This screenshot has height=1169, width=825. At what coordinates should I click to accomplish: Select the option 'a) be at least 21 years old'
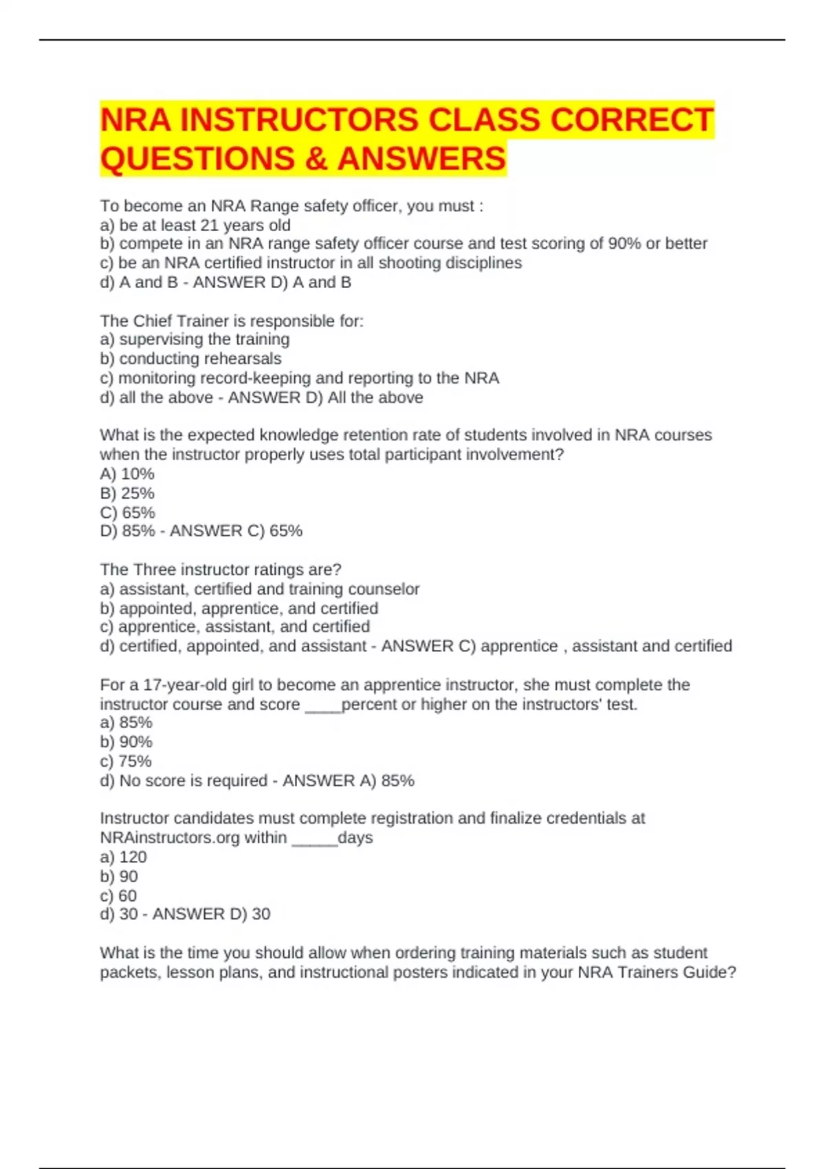point(195,225)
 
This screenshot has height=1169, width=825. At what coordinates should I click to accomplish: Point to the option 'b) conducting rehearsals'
point(190,358)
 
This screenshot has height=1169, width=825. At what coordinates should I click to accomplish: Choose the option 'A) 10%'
point(127,474)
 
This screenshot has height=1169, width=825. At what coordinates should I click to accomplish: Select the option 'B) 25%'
point(127,493)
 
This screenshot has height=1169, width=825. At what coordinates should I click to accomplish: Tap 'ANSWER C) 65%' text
point(236,531)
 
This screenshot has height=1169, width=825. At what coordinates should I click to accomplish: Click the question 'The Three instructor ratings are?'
point(221,569)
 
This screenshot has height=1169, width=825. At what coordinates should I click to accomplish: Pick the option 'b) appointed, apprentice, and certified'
point(239,608)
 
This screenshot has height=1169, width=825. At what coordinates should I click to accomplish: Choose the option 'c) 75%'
point(126,761)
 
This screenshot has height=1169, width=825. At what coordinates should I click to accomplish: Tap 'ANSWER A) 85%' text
point(348,780)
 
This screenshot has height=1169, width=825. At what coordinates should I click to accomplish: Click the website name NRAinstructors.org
point(193,838)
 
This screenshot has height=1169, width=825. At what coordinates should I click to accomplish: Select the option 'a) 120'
point(123,857)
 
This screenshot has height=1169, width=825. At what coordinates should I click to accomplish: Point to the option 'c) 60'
point(118,895)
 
